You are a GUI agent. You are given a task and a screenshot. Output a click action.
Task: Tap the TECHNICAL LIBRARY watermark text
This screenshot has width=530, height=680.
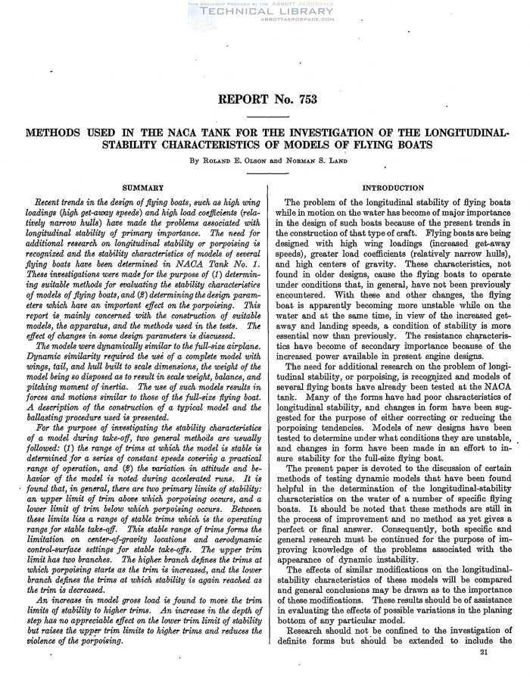tap(264, 11)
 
